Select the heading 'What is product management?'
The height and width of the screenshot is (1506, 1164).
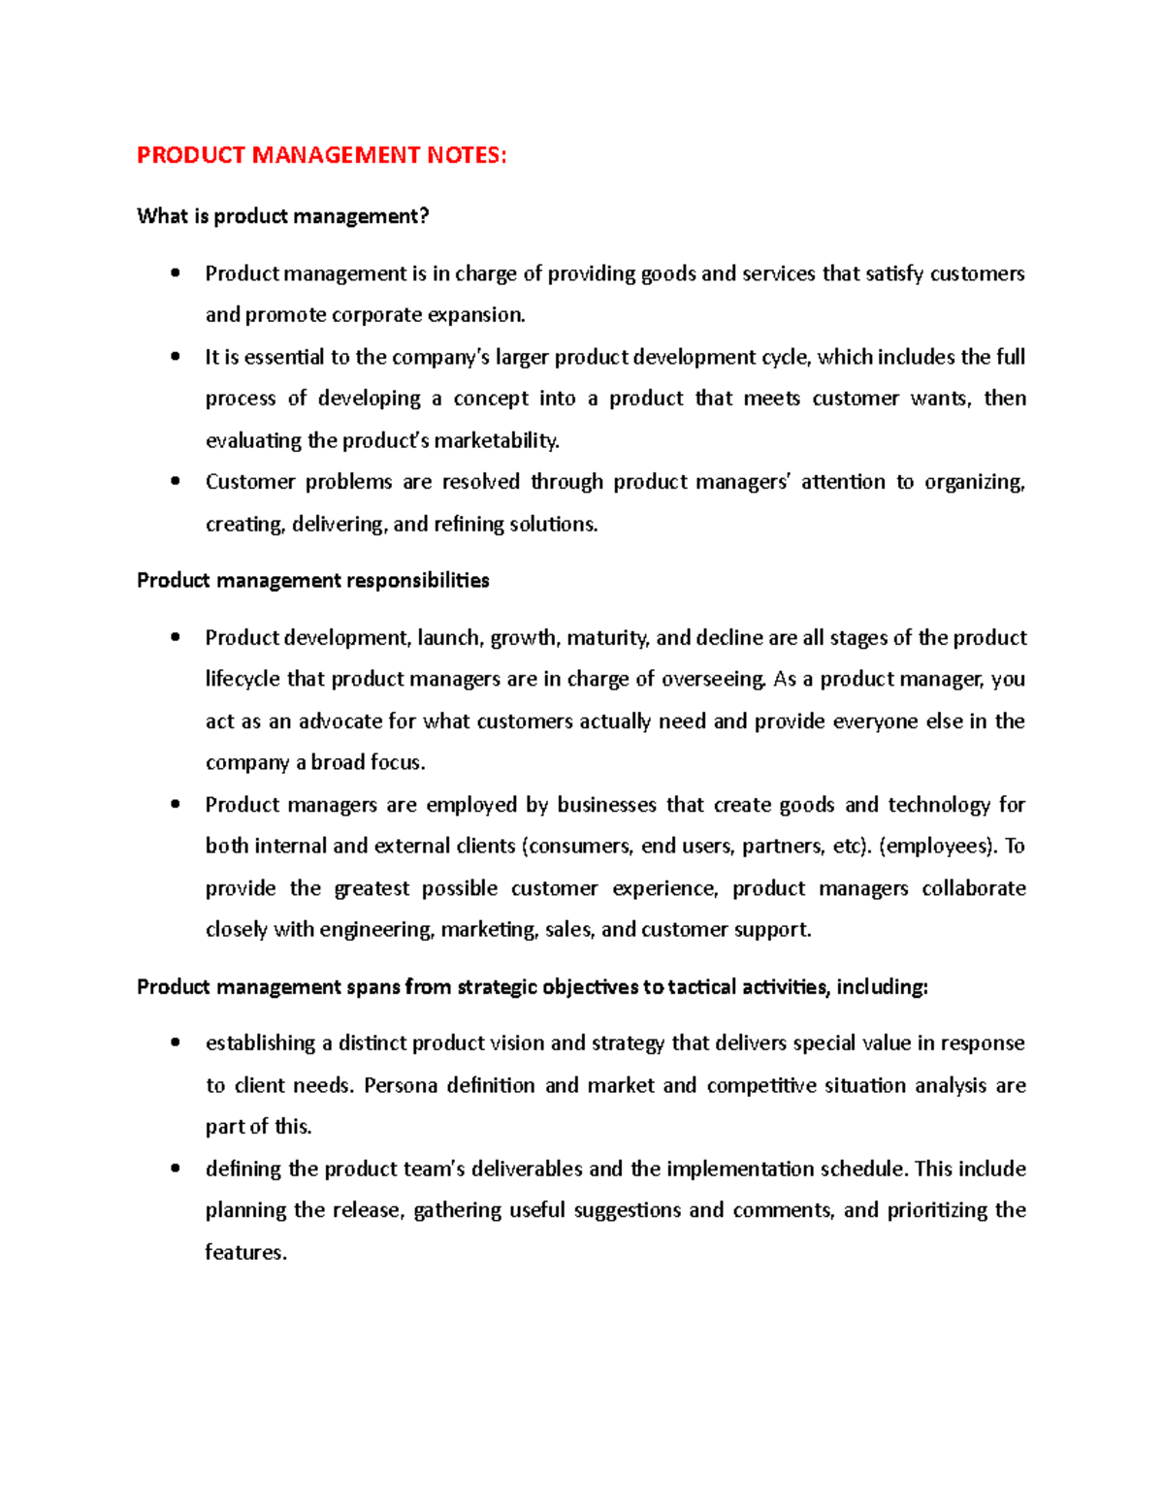[x=282, y=216]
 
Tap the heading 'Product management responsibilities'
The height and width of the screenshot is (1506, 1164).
[x=312, y=581]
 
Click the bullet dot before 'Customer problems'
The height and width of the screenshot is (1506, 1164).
[x=175, y=481]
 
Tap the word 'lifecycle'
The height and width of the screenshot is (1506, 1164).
[x=242, y=679]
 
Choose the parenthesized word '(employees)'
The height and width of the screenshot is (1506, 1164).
[x=937, y=847]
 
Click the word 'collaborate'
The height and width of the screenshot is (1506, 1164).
[x=973, y=888]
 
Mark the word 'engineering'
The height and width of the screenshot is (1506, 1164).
[x=376, y=930]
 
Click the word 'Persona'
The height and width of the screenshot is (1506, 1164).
[x=401, y=1085]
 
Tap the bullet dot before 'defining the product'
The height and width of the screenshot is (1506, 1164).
[x=175, y=1169]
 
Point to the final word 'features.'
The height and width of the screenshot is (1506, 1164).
[x=245, y=1253]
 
